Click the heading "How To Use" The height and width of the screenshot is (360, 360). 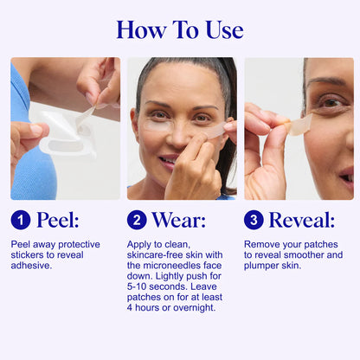180,29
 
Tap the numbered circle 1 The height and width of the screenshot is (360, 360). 21,220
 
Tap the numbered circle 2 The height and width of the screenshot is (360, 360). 138,220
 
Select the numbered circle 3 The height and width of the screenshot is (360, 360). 254,220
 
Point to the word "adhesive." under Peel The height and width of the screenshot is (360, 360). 32,266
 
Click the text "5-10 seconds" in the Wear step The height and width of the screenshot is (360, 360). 151,286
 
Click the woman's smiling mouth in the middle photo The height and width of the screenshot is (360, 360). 170,160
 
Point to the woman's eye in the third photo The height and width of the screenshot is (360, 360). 324,102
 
